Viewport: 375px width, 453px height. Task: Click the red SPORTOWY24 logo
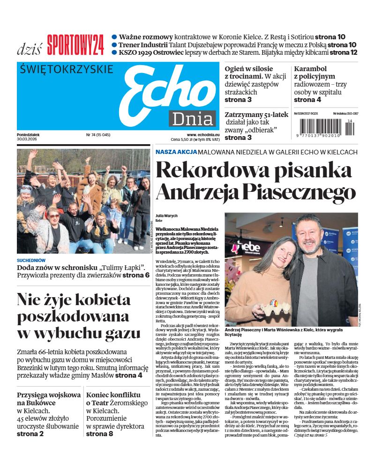pos(75,45)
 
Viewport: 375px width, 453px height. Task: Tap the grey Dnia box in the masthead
pos(192,119)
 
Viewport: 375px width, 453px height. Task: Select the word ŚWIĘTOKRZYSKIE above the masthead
pos(67,69)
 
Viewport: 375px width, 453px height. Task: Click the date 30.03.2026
pos(28,139)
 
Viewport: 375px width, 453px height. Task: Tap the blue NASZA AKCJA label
pos(176,152)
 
